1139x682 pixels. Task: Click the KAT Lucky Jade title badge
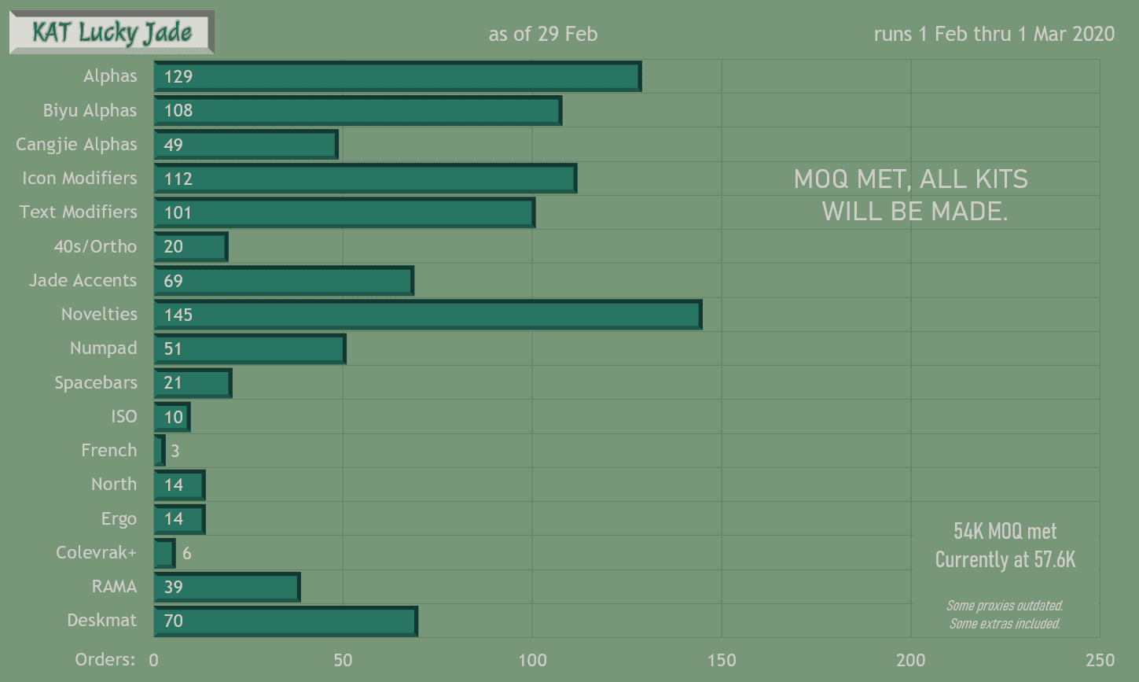(112, 32)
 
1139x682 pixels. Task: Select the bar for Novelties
(428, 315)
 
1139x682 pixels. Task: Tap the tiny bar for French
(160, 451)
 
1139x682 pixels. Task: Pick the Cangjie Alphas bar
(246, 145)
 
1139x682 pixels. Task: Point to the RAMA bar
(227, 587)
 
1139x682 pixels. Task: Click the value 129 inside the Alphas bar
(178, 76)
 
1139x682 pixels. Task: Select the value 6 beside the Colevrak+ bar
(186, 553)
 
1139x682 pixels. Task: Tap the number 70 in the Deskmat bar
(174, 621)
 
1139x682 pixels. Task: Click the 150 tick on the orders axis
(722, 660)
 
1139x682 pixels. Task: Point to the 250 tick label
(1099, 660)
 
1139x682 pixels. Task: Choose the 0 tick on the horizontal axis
(154, 660)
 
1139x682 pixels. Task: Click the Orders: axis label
(105, 659)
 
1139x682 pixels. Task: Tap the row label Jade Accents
(83, 280)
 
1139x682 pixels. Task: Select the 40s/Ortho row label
(95, 246)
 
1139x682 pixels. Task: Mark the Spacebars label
(95, 382)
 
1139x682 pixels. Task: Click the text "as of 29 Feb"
(543, 34)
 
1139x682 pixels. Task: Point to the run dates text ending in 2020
(994, 34)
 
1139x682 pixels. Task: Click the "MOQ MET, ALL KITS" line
(911, 179)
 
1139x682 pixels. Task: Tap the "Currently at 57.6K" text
(1005, 560)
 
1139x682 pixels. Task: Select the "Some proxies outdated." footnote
(1005, 606)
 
